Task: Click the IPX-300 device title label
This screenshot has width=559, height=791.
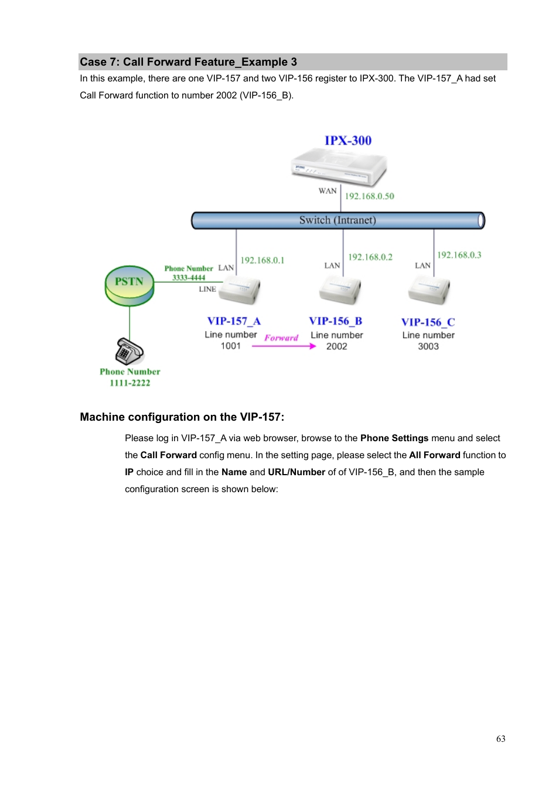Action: point(348,141)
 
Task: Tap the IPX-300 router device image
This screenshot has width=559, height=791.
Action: point(339,167)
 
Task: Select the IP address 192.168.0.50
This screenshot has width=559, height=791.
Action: point(369,196)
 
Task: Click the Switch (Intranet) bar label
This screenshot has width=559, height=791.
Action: point(338,220)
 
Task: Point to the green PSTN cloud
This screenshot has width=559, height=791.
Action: point(129,285)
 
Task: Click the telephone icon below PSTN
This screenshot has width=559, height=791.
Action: point(129,352)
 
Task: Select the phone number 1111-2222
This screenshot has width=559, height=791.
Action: point(130,383)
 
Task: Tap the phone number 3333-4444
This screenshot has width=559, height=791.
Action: point(189,278)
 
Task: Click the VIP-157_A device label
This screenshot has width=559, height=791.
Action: point(234,321)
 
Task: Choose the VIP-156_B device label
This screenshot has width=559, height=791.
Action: point(336,321)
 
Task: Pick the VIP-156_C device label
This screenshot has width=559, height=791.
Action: point(428,322)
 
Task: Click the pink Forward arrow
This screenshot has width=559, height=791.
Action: point(284,346)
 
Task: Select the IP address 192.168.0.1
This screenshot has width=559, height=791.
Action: point(262,260)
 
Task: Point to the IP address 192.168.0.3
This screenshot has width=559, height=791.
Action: point(459,255)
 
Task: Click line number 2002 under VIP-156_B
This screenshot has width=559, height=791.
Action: point(337,346)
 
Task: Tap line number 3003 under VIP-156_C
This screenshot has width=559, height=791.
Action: point(428,346)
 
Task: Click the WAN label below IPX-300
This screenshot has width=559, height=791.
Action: point(328,191)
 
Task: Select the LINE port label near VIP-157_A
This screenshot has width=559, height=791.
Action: point(207,289)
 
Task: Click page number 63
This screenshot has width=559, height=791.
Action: point(501,739)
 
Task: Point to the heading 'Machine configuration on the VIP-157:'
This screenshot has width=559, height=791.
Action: point(182,417)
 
